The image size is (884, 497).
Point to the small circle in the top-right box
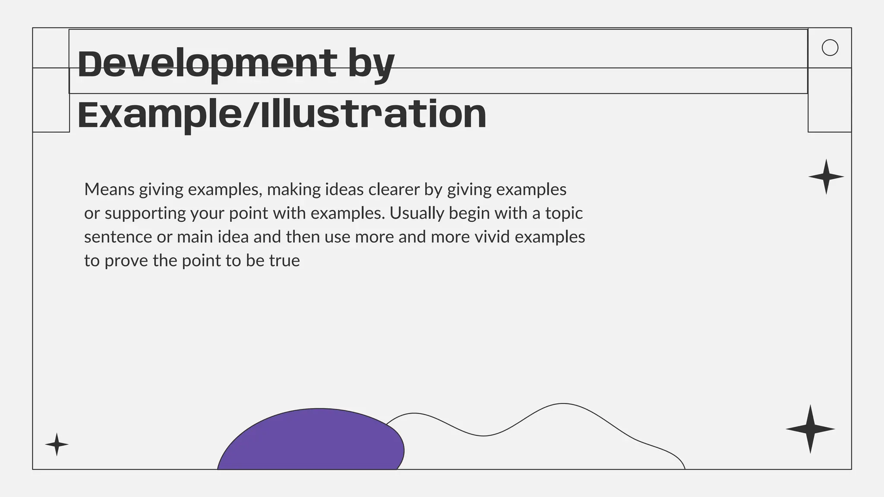click(830, 47)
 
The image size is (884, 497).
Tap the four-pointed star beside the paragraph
click(826, 177)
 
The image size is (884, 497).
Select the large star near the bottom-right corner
click(810, 429)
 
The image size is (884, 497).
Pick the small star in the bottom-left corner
click(57, 444)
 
